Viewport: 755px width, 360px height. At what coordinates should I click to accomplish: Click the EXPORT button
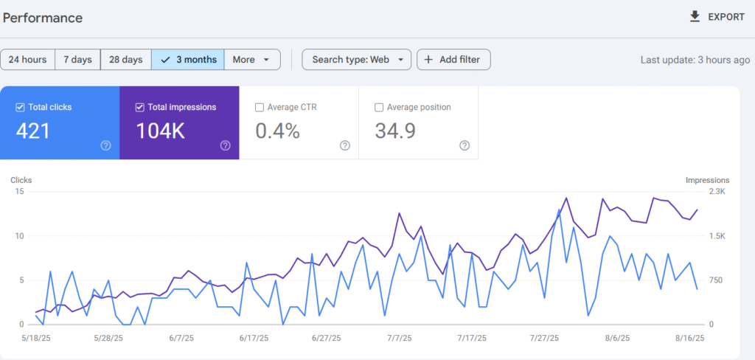pos(717,17)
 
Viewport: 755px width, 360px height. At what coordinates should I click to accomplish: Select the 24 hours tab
pos(28,60)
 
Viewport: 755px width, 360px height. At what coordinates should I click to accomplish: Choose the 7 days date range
pos(77,60)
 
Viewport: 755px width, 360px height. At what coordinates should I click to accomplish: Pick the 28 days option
pos(125,60)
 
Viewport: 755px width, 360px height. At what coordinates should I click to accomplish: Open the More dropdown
pos(251,60)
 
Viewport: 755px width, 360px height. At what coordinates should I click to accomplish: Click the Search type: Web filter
pos(357,60)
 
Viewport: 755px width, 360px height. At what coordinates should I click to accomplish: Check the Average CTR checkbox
pos(260,107)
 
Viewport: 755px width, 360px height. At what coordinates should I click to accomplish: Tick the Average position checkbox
pos(379,107)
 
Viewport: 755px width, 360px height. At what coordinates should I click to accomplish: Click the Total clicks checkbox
pos(20,107)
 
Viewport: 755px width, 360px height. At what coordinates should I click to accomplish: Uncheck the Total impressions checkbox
pos(140,107)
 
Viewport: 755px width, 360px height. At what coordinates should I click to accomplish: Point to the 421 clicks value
pos(33,131)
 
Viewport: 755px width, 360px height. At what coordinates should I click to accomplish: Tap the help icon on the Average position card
pos(465,145)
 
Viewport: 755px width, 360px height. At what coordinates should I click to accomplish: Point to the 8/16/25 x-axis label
pos(691,338)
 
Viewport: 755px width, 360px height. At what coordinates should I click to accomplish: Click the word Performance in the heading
pos(43,18)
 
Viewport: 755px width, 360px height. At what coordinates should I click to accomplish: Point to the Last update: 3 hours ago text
pos(695,60)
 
